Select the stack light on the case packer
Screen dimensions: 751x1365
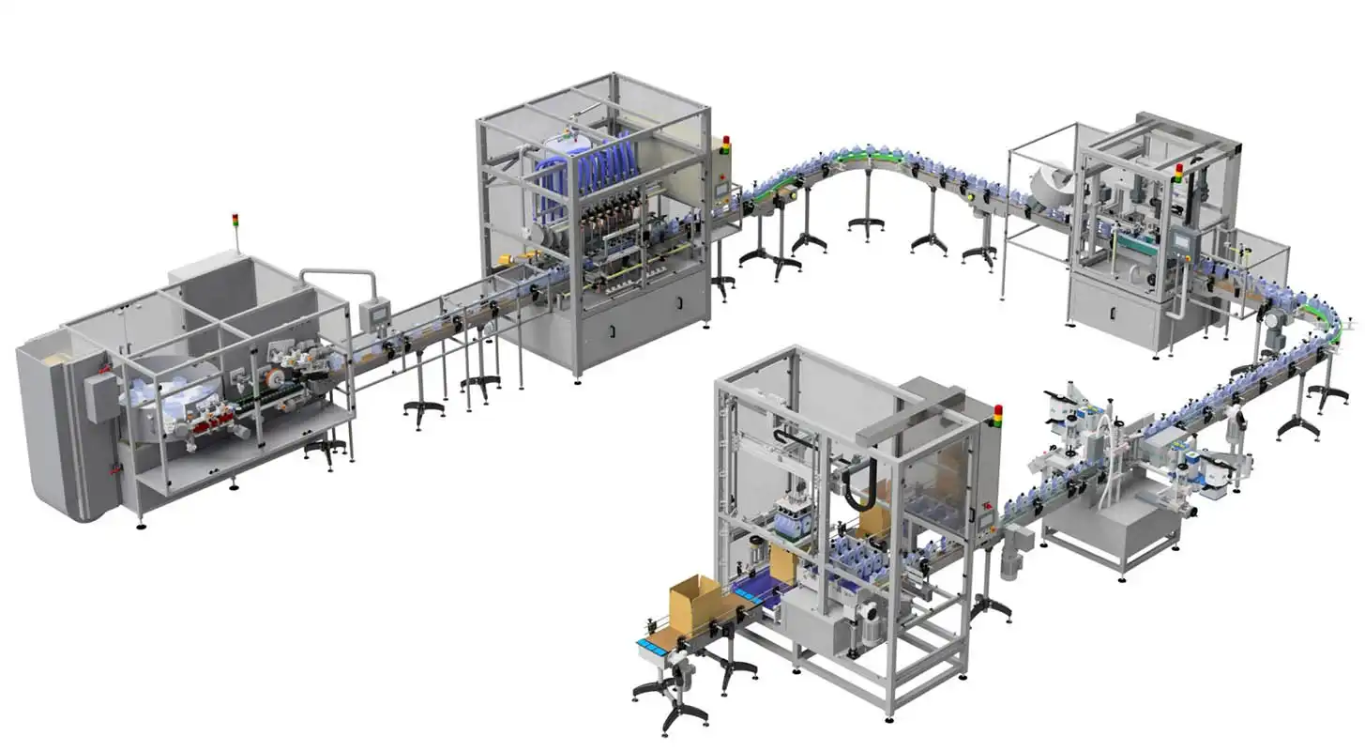(x=996, y=416)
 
